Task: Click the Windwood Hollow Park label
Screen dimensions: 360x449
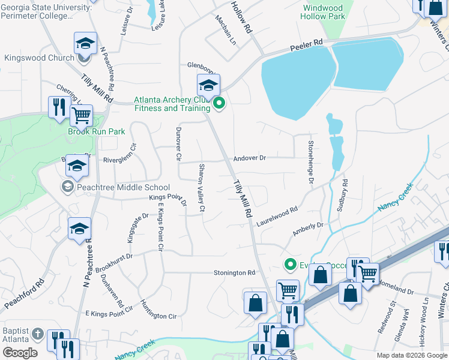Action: click(x=324, y=13)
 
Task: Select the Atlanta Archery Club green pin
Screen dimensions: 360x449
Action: click(x=219, y=104)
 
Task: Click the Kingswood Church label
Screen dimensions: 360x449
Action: click(x=40, y=58)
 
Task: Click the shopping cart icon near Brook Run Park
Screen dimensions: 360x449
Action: click(x=81, y=114)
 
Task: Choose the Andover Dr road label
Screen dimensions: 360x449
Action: click(x=249, y=158)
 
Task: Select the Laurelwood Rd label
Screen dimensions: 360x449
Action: click(x=277, y=215)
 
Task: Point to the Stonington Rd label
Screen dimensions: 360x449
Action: click(x=234, y=273)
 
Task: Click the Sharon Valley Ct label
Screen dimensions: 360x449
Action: click(x=202, y=188)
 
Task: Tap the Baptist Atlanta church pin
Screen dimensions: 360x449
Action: click(x=37, y=334)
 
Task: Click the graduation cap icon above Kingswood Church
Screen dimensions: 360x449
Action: click(x=85, y=43)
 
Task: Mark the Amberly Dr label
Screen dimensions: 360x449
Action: click(x=307, y=229)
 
